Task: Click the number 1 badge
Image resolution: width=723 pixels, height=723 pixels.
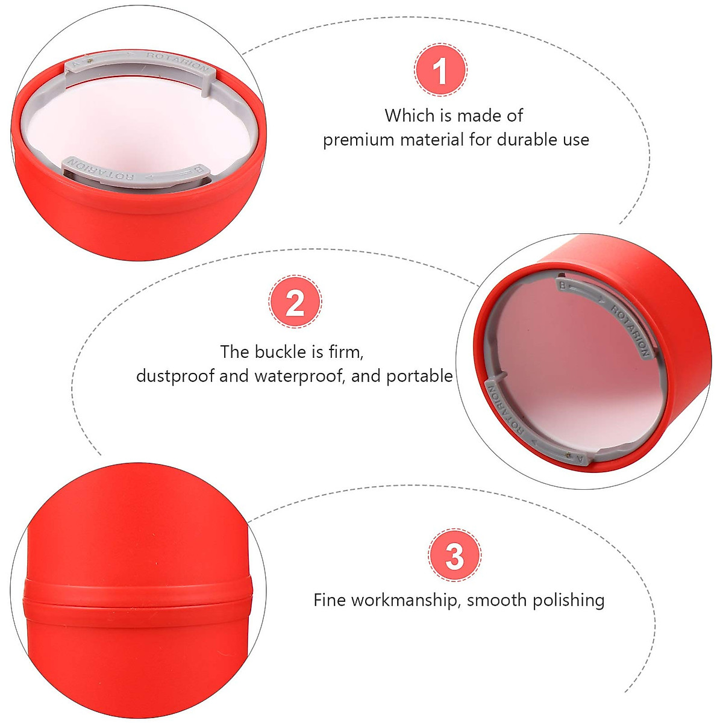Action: point(440,70)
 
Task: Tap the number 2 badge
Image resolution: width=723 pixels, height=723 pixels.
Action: point(295,302)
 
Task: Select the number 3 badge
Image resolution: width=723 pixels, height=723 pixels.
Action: point(454,555)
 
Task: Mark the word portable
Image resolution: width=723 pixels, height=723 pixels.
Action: point(419,376)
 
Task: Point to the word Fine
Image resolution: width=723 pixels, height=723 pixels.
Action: point(330,600)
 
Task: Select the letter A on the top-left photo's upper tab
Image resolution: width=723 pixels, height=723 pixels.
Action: point(75,62)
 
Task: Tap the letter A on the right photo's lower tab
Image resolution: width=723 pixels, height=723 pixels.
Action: point(580,459)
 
